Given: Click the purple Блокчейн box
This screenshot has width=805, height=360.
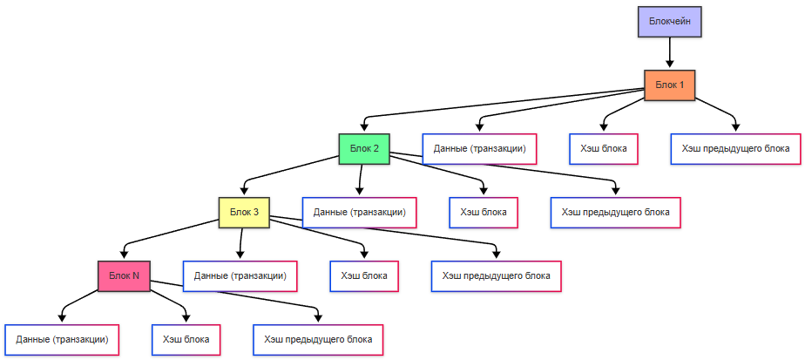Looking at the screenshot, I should [669, 22].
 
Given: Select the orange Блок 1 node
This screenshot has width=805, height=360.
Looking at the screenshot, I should [669, 85].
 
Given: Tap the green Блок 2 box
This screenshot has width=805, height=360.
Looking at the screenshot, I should [363, 148].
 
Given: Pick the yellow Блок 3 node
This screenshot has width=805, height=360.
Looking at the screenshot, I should [243, 211].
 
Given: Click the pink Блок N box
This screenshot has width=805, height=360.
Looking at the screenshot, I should [124, 275].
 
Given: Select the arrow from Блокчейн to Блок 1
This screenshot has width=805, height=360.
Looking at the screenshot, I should [669, 53].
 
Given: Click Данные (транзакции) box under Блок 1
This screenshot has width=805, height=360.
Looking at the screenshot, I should [479, 148].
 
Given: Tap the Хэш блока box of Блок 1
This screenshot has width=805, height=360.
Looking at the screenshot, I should [604, 148].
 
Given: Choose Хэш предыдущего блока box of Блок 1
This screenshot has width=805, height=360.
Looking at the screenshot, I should [736, 148].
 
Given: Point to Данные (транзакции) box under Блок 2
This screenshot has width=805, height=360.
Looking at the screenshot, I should [359, 211].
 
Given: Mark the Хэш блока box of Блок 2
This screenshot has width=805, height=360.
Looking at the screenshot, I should [484, 211].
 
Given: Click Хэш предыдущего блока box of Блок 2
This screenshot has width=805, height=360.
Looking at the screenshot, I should [615, 211].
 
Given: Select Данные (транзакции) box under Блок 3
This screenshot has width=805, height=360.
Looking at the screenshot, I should [240, 275].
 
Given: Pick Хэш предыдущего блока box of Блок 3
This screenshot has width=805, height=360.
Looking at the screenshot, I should [496, 275].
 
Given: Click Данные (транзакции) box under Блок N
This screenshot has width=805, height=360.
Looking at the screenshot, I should [62, 339].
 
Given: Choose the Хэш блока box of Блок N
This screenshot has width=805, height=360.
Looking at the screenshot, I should [186, 339].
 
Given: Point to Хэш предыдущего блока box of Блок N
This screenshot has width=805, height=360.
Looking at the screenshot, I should [318, 339].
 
